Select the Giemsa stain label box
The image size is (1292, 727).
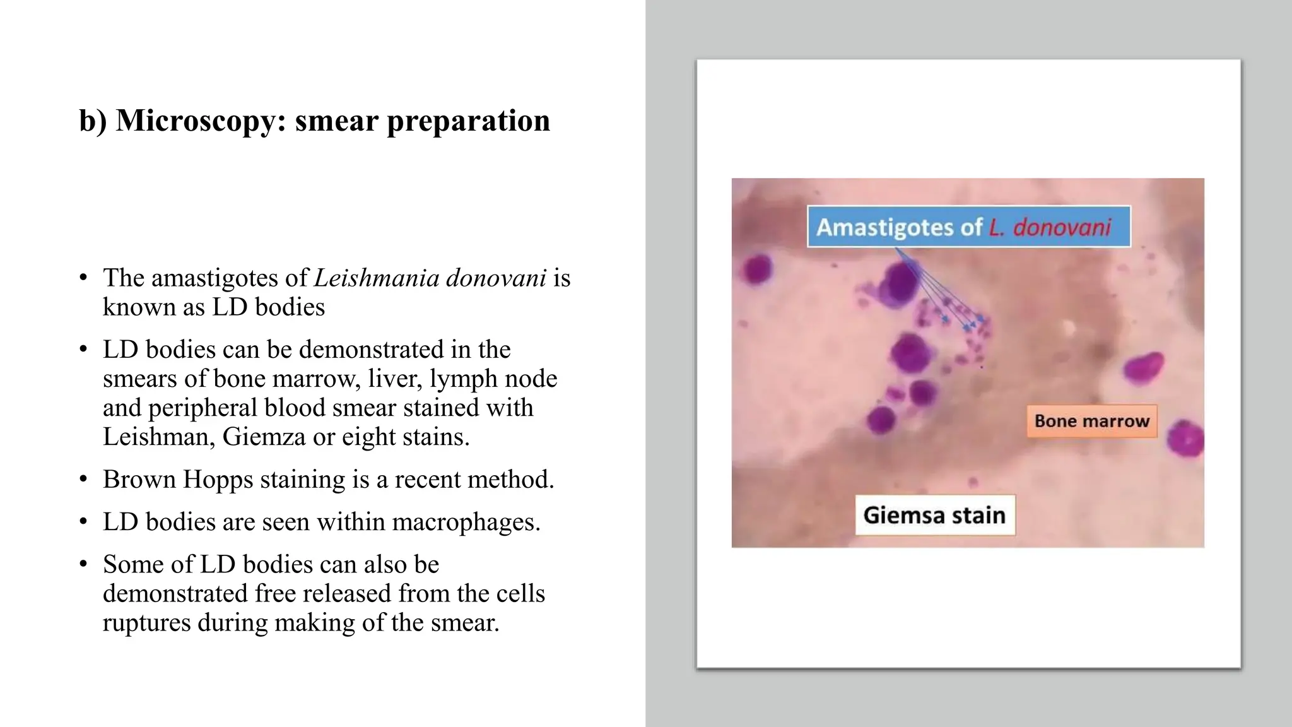(934, 515)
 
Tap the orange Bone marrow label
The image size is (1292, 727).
(1091, 421)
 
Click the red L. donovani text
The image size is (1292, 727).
(1049, 227)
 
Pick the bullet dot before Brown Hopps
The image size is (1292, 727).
(83, 480)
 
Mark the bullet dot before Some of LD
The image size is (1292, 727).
(83, 564)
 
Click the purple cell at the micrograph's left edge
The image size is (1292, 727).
(756, 270)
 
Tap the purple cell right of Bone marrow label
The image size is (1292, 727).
(1186, 438)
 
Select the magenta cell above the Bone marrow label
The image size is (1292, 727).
(1144, 367)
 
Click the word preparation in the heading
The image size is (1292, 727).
(468, 121)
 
